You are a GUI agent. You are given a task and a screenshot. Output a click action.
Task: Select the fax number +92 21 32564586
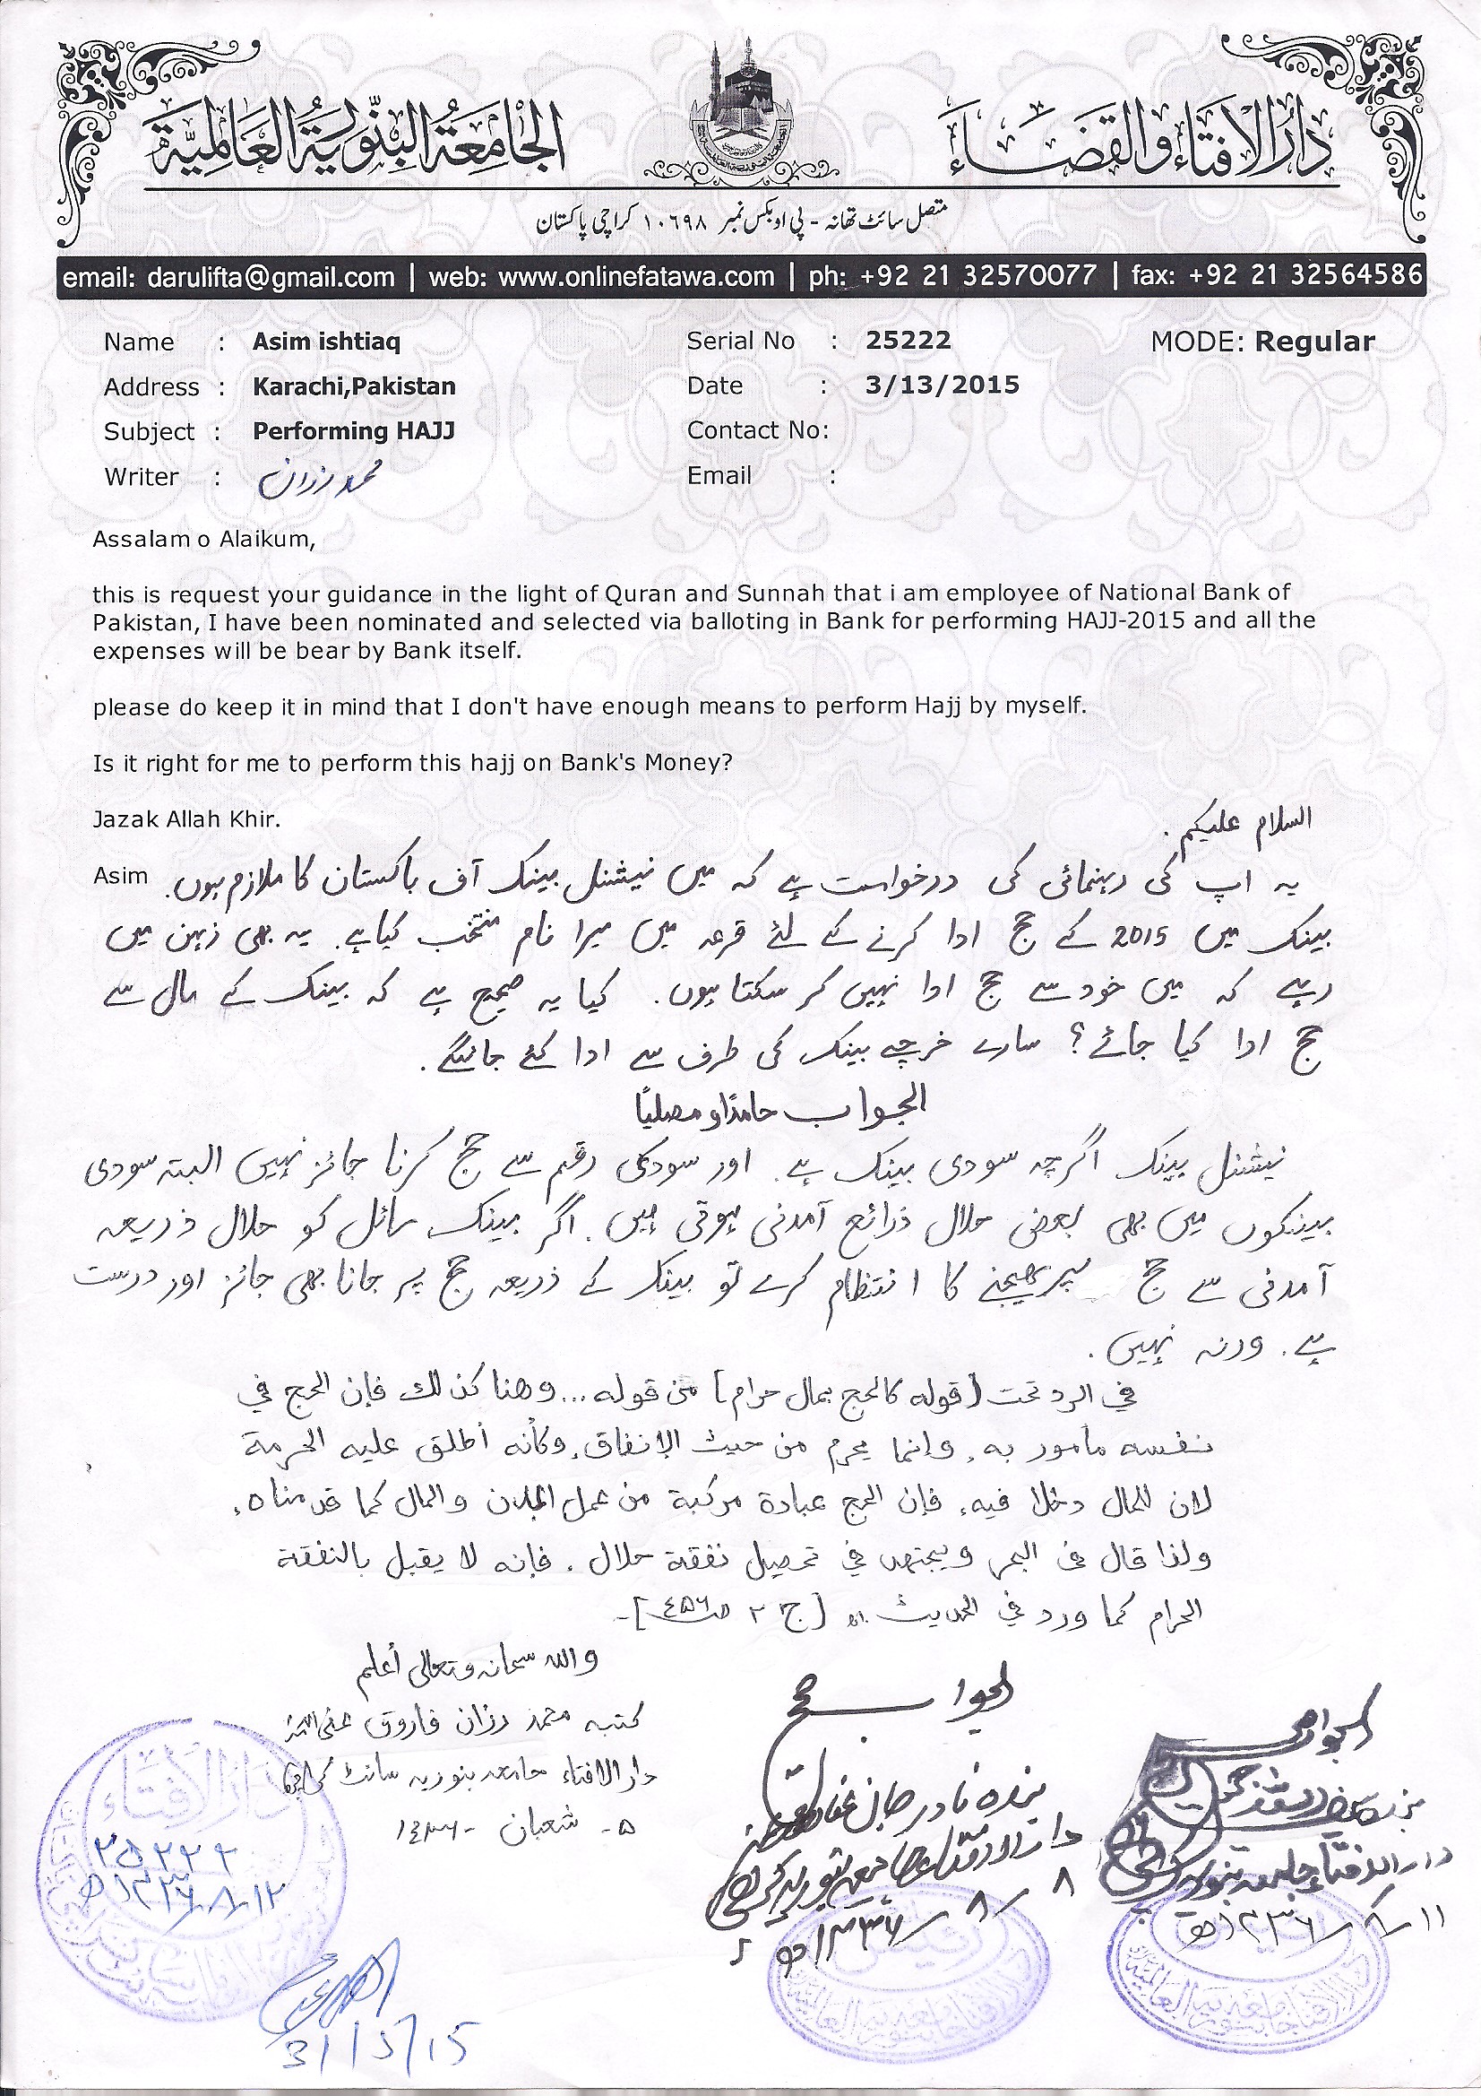[1304, 276]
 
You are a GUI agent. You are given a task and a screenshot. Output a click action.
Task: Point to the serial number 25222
[908, 341]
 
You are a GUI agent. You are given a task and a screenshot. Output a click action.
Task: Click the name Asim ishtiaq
[327, 342]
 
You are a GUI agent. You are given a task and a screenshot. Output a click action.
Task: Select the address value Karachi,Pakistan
[354, 386]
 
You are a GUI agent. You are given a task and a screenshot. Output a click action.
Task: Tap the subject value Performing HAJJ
[353, 431]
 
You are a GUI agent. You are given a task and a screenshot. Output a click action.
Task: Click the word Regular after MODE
[1314, 342]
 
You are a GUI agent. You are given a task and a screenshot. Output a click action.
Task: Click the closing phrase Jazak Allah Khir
[186, 818]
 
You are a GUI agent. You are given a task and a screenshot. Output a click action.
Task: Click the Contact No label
[757, 430]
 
